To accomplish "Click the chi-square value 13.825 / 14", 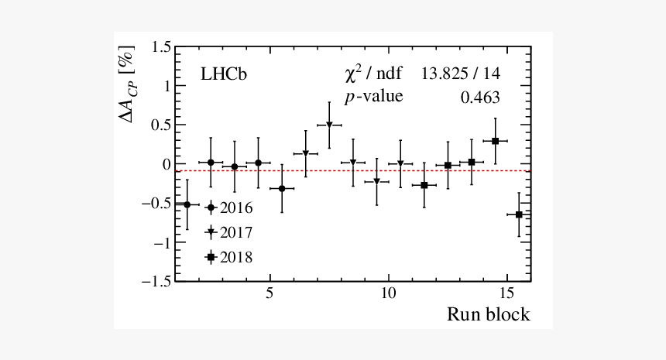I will coord(461,74).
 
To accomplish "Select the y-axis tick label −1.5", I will coord(156,282).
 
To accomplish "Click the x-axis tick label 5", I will coord(269,295).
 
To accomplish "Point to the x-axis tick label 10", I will coord(388,295).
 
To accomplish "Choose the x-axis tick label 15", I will coord(506,295).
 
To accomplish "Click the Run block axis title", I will coord(488,314).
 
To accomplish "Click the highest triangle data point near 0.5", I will coord(329,125).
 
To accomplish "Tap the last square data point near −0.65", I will coord(519,214).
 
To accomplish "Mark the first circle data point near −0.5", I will coord(187,204).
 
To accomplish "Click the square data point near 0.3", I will coord(495,141).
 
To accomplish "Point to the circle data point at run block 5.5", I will coord(282,188).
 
